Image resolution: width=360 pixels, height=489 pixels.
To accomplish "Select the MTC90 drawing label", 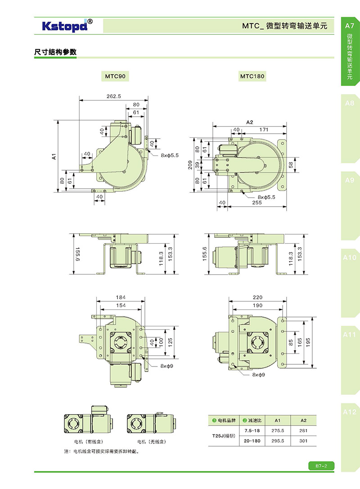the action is click(115, 76).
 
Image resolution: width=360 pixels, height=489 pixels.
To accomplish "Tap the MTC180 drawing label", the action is click(252, 76).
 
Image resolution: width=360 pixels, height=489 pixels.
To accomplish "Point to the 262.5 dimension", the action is click(114, 96).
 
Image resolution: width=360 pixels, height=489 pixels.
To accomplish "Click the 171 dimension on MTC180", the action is click(264, 129).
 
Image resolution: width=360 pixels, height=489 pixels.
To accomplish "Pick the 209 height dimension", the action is click(190, 165).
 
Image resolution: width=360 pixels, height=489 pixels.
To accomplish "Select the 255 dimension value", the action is click(257, 203).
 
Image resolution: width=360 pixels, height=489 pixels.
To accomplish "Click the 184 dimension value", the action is click(121, 297).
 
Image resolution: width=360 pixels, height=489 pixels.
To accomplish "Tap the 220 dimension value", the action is click(257, 297).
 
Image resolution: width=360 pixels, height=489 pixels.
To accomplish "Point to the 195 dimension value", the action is click(308, 343).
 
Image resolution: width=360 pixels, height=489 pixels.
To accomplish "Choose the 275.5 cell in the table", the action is click(278, 430).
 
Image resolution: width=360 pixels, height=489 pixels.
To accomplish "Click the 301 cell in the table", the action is click(303, 441).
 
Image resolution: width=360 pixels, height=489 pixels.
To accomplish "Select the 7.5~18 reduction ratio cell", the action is click(252, 430).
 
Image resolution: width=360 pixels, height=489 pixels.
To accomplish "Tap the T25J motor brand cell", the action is click(224, 436).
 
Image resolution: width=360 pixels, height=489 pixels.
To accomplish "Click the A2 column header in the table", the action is click(303, 421).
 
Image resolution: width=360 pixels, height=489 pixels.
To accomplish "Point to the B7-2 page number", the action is click(321, 466).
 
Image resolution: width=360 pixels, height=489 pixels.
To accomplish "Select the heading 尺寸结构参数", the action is click(55, 52).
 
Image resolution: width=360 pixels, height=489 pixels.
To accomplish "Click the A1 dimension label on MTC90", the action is click(54, 156).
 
